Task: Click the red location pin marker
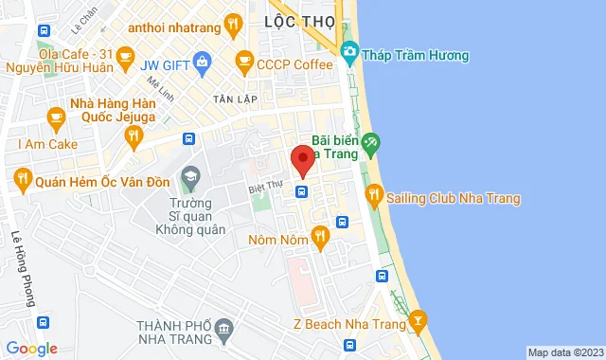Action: tap(302, 159)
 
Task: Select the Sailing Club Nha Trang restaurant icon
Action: tap(375, 196)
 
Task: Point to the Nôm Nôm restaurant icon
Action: tap(320, 236)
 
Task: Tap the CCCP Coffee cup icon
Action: tap(244, 63)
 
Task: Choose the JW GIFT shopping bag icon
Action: tap(202, 63)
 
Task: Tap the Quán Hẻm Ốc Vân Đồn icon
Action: tap(21, 177)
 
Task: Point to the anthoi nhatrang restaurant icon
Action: tap(233, 27)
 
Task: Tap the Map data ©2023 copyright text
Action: tap(564, 352)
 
